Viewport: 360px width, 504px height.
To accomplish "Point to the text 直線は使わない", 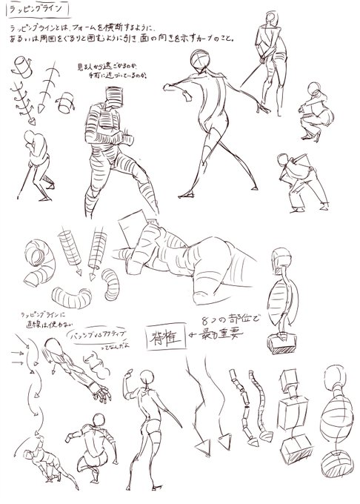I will (x=37, y=323).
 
